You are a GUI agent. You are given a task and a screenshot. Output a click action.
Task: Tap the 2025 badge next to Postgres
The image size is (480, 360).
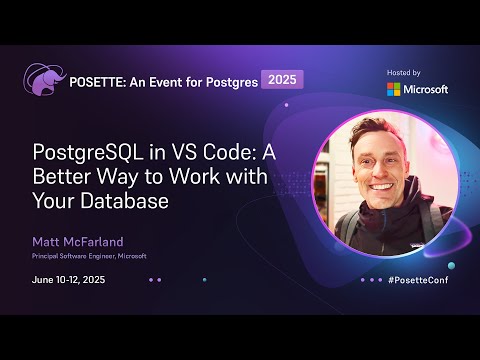tap(282, 79)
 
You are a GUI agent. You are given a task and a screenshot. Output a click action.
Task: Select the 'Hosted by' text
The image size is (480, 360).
tap(404, 73)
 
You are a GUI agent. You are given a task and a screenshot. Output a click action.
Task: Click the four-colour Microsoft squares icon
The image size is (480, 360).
tap(395, 89)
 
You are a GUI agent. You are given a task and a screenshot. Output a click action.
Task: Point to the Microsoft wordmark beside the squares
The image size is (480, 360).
tap(427, 89)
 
